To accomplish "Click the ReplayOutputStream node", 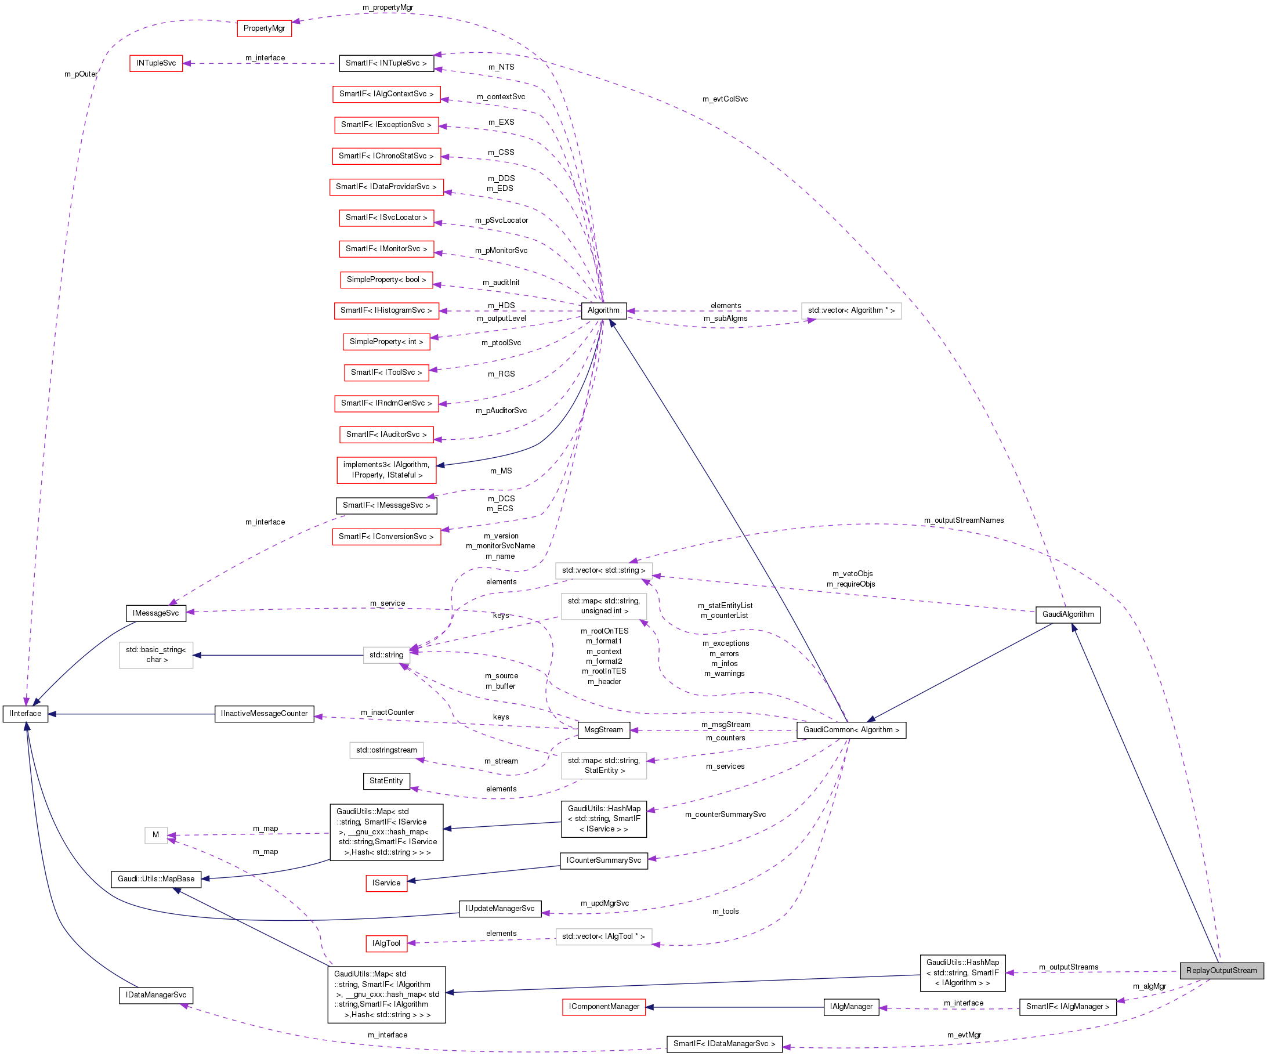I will coord(1221,970).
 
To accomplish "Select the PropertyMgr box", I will coord(265,28).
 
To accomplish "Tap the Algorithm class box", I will coord(603,310).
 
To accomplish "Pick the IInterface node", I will coord(26,713).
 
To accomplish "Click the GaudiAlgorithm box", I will coord(1067,614).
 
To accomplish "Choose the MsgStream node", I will coord(603,729).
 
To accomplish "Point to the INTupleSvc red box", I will coord(155,63).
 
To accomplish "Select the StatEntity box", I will coord(386,781).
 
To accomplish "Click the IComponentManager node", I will coord(604,1007).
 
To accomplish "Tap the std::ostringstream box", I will coord(386,750).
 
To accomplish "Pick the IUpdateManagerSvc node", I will coord(499,908).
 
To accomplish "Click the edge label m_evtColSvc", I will coord(725,99).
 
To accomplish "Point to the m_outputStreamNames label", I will coord(964,520).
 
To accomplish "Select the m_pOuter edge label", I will coord(81,74).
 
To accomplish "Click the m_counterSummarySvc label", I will coord(725,815).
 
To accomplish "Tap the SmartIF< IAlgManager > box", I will coord(1067,1007).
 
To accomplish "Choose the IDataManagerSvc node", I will coord(155,995).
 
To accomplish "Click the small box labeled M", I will coord(155,835).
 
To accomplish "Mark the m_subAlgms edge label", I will coord(725,319).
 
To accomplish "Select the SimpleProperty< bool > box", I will coord(386,280).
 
